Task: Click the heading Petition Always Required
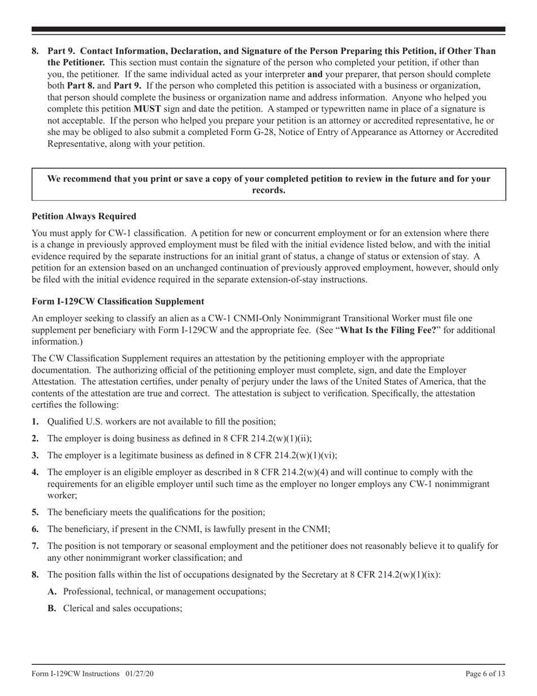(84, 216)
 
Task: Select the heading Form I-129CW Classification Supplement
(118, 301)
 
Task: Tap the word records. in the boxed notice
(268, 190)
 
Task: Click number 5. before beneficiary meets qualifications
(36, 512)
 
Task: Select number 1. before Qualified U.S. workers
(36, 421)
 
